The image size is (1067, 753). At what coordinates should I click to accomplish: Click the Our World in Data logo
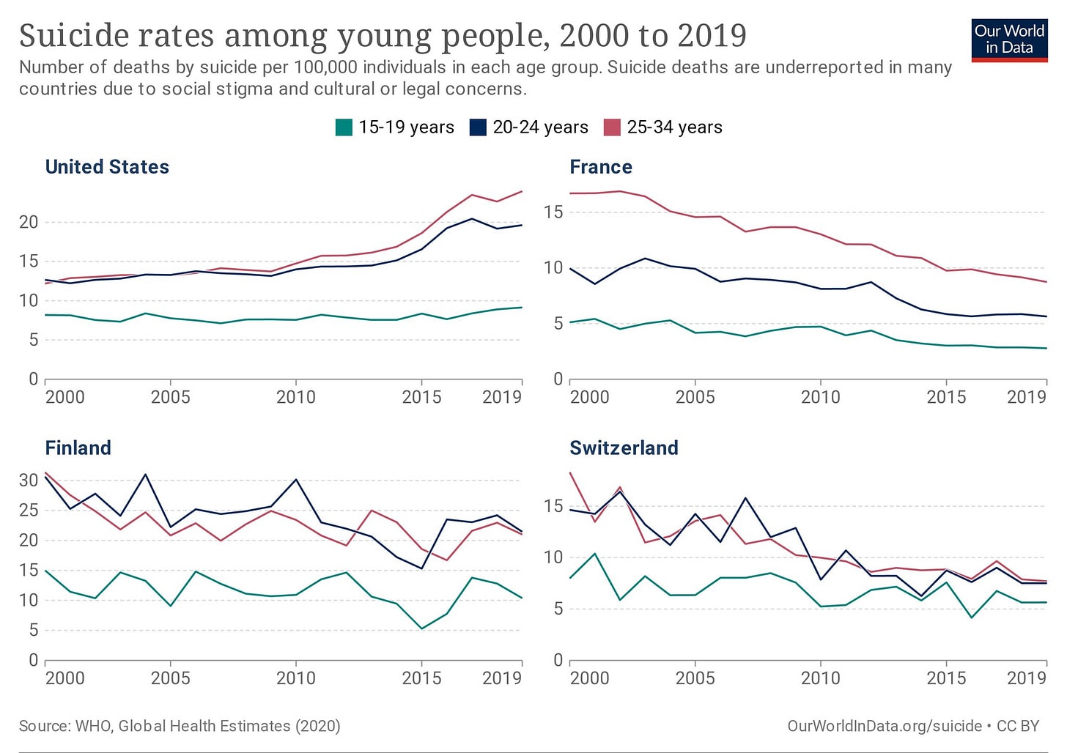[x=1009, y=40]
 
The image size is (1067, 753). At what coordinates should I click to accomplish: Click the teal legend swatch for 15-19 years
[x=344, y=127]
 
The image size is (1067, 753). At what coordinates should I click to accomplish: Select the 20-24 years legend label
[x=540, y=127]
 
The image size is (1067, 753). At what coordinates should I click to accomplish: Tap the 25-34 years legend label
[x=674, y=127]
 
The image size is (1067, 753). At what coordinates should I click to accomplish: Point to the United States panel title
[x=107, y=167]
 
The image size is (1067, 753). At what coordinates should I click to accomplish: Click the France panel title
[x=601, y=167]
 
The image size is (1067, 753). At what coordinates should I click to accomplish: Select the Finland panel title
[x=78, y=448]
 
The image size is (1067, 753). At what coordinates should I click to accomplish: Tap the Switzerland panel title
[x=624, y=448]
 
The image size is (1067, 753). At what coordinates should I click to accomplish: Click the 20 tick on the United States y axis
[x=29, y=222]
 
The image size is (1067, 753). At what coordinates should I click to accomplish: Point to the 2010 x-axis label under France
[x=820, y=397]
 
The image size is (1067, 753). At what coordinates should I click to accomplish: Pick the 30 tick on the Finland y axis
[x=29, y=481]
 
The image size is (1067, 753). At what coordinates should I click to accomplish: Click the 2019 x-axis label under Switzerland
[x=1026, y=678]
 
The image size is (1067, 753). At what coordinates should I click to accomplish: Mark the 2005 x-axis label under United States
[x=170, y=397]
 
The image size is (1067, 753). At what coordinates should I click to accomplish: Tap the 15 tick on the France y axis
[x=553, y=212]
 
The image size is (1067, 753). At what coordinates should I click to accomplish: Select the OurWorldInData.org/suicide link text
[x=885, y=726]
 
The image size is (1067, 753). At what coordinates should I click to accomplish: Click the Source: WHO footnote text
[x=180, y=726]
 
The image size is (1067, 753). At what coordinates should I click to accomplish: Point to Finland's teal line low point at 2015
[x=422, y=628]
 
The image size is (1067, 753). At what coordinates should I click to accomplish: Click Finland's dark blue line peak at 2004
[x=145, y=474]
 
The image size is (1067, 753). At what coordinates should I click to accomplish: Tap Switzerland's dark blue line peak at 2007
[x=745, y=498]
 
